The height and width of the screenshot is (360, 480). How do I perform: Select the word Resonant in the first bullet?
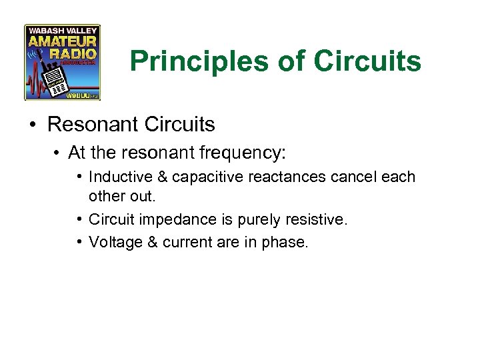coord(98,125)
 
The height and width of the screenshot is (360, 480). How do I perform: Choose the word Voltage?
coord(114,242)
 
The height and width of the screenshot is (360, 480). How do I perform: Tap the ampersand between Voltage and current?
coord(151,242)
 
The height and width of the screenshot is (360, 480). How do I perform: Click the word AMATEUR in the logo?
coord(62,41)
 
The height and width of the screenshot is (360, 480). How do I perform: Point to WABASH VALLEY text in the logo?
coord(62,30)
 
